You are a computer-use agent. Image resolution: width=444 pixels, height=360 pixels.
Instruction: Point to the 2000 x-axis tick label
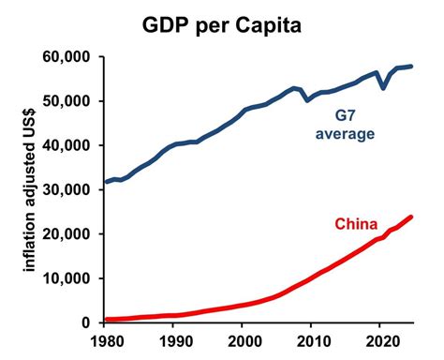tap(243, 342)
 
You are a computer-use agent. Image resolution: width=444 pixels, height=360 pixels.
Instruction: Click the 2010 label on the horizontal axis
tap(312, 342)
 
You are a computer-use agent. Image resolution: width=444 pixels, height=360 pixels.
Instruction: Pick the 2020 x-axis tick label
tap(381, 342)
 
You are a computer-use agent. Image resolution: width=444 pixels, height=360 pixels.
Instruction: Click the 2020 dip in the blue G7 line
tap(382, 88)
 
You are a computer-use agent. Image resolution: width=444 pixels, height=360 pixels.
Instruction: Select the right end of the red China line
tap(411, 217)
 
